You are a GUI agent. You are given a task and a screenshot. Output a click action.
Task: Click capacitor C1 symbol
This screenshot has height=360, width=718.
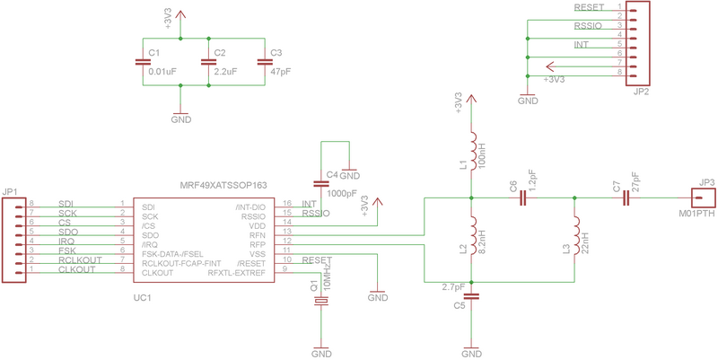142,62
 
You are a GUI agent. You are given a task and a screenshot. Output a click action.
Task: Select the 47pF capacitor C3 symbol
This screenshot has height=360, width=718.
264,62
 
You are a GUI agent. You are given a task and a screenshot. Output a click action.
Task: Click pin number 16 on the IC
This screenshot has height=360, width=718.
286,204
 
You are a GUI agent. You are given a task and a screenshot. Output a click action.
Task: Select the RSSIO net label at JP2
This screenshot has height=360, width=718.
588,26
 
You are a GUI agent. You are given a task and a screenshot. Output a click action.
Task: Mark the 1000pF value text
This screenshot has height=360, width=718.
342,193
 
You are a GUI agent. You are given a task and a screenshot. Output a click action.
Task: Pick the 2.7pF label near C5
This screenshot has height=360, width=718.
454,287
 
